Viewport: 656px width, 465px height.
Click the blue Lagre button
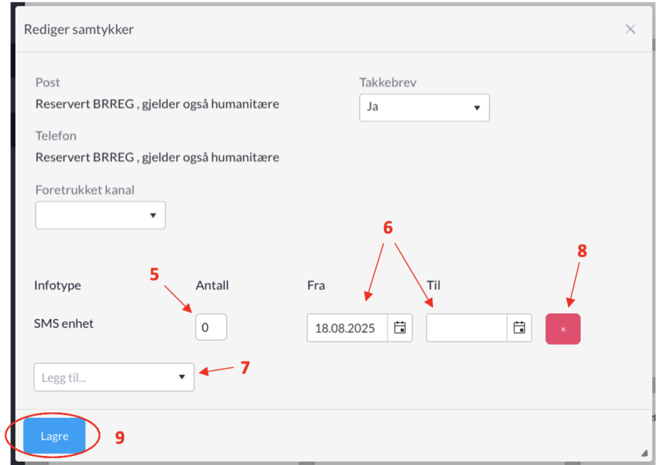pyautogui.click(x=54, y=436)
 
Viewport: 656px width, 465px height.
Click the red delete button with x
pyautogui.click(x=562, y=329)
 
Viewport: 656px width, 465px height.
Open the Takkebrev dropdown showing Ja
pyautogui.click(x=424, y=108)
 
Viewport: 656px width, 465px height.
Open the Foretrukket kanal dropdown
pyautogui.click(x=101, y=215)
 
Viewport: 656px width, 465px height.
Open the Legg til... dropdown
pyautogui.click(x=114, y=377)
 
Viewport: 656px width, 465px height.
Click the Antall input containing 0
pyautogui.click(x=211, y=327)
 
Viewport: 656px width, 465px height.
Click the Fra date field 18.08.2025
pyautogui.click(x=347, y=328)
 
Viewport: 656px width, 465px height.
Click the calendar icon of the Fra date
pyautogui.click(x=400, y=327)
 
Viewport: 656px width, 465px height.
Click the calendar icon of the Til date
pyautogui.click(x=519, y=327)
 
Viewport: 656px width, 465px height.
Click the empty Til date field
pyautogui.click(x=467, y=328)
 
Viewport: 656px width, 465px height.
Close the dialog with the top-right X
pyautogui.click(x=630, y=29)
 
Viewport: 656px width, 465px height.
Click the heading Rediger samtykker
pyautogui.click(x=79, y=29)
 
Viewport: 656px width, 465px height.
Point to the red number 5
pyautogui.click(x=154, y=274)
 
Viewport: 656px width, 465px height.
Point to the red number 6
pyautogui.click(x=388, y=227)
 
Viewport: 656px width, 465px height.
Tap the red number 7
pyautogui.click(x=245, y=368)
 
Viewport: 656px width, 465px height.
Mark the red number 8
pyautogui.click(x=582, y=251)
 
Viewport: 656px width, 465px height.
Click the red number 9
pyautogui.click(x=120, y=437)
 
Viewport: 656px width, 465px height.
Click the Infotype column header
pyautogui.click(x=58, y=285)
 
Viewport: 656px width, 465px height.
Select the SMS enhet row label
pyautogui.click(x=63, y=323)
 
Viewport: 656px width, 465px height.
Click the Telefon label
pyautogui.click(x=56, y=136)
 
